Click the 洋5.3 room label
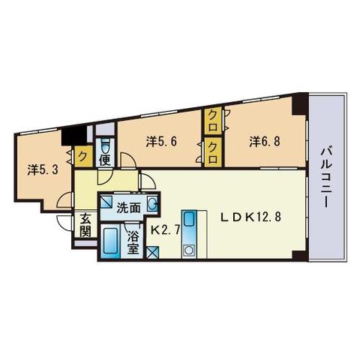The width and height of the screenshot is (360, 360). coord(43,170)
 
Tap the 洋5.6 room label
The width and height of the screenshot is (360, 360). coord(161,142)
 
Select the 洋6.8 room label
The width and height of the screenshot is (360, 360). coord(265,142)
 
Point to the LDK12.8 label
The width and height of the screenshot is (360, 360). coord(250,217)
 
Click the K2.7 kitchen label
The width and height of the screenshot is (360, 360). coord(165,230)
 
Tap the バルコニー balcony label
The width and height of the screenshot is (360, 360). coord(326,178)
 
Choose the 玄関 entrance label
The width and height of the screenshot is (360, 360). coord(85,225)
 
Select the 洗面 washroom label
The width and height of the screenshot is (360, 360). coord(129,208)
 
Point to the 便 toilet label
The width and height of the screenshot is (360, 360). coord(105,160)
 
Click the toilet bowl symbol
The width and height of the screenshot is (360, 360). coord(105,146)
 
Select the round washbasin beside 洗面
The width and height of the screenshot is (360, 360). coord(152,202)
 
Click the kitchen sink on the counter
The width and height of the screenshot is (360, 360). coord(189,220)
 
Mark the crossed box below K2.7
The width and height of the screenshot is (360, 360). coord(152,253)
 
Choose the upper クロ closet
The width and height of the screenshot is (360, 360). coord(213,121)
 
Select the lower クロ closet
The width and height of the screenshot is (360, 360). coord(213,152)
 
